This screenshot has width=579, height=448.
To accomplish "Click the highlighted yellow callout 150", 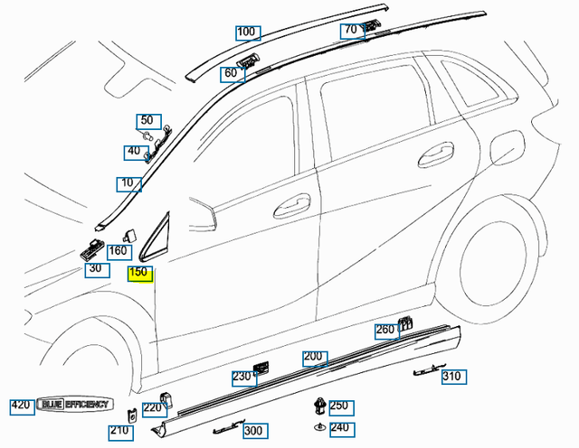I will click(x=139, y=272).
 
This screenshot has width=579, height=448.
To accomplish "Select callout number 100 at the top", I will click(x=245, y=32).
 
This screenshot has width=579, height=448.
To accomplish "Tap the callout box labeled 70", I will click(x=350, y=30).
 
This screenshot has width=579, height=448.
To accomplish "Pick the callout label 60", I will click(x=231, y=73).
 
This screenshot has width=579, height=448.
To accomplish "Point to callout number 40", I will click(x=134, y=151).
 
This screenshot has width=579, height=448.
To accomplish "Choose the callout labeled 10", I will click(x=128, y=184).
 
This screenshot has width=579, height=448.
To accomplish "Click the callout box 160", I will click(x=118, y=251).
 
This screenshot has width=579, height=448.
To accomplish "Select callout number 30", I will click(x=95, y=268).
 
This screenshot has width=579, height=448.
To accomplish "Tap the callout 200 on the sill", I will click(x=314, y=358).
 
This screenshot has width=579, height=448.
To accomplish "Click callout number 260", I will click(x=385, y=330).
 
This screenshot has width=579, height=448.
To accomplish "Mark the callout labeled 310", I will click(x=451, y=377).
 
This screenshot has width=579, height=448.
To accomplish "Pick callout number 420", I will click(x=22, y=406).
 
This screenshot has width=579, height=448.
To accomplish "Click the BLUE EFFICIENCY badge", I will click(x=74, y=406).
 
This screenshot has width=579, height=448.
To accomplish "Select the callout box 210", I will click(x=119, y=431).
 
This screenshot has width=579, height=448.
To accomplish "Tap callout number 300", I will click(x=253, y=431).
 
